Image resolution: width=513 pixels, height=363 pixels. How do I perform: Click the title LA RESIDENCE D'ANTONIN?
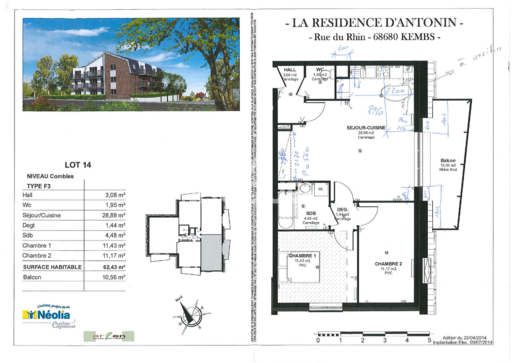click(374, 23)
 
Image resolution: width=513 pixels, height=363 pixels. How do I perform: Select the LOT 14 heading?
click(78, 165)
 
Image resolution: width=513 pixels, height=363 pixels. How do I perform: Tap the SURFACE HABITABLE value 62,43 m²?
click(114, 267)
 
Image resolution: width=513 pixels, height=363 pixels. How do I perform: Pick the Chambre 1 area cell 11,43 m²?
click(114, 246)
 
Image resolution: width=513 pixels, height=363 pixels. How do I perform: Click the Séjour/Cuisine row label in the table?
click(42, 215)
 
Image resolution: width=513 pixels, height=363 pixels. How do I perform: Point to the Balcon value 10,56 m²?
click(114, 277)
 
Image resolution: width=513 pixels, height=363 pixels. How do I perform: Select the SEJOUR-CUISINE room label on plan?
click(366, 128)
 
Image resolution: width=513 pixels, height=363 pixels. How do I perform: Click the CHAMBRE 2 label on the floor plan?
click(388, 264)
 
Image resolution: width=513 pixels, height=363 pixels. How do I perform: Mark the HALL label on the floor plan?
click(290, 70)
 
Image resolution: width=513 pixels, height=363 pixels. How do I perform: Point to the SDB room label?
click(311, 213)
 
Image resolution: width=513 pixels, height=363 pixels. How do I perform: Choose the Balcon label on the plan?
click(448, 161)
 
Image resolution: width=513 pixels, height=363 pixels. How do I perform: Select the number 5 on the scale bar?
click(429, 340)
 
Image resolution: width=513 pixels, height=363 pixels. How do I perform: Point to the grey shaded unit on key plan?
click(211, 252)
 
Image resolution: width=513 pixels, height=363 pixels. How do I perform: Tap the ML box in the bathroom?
click(321, 189)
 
